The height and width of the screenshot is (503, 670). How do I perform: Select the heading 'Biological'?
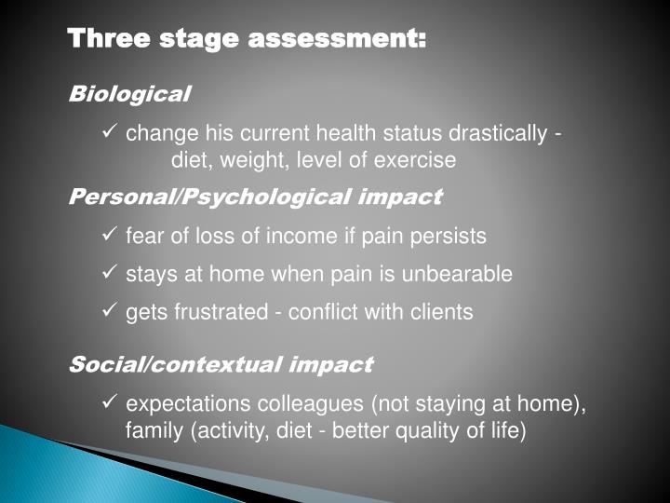[130, 94]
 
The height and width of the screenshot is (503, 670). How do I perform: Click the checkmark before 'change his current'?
[108, 133]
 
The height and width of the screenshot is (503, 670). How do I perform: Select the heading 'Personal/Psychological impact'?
[256, 197]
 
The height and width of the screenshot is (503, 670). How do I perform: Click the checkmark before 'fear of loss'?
[108, 236]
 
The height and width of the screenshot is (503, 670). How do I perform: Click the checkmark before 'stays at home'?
[108, 273]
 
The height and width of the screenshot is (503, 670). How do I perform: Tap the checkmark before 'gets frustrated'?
[108, 311]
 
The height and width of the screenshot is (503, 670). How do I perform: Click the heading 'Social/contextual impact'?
[221, 364]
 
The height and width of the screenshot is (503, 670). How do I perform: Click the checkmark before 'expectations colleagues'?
[108, 402]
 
